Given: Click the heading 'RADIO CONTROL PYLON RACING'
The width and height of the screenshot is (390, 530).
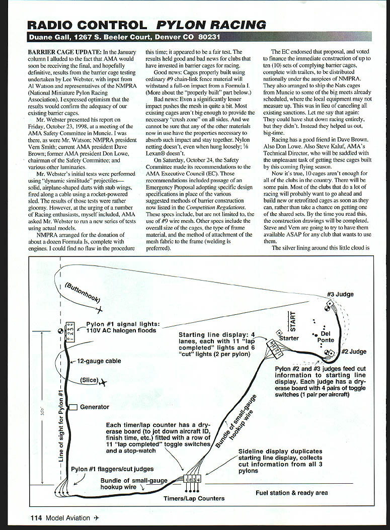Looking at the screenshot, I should click(146, 25).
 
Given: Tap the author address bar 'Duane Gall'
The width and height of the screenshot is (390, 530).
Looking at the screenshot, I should click(123, 37).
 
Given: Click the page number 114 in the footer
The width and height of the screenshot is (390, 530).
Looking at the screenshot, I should click(35, 517).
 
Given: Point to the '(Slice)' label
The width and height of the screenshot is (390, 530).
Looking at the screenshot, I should click(89, 380).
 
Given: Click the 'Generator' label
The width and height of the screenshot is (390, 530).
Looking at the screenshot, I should click(95, 407).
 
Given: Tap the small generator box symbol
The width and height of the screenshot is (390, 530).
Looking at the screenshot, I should click(73, 407).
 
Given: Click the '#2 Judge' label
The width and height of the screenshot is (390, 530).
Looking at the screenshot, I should click(354, 351).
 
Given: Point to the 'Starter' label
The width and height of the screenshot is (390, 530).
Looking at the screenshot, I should click(289, 338).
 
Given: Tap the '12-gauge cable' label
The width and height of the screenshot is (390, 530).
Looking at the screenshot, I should click(99, 361).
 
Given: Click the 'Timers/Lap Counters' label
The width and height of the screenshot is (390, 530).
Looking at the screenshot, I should click(194, 498).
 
